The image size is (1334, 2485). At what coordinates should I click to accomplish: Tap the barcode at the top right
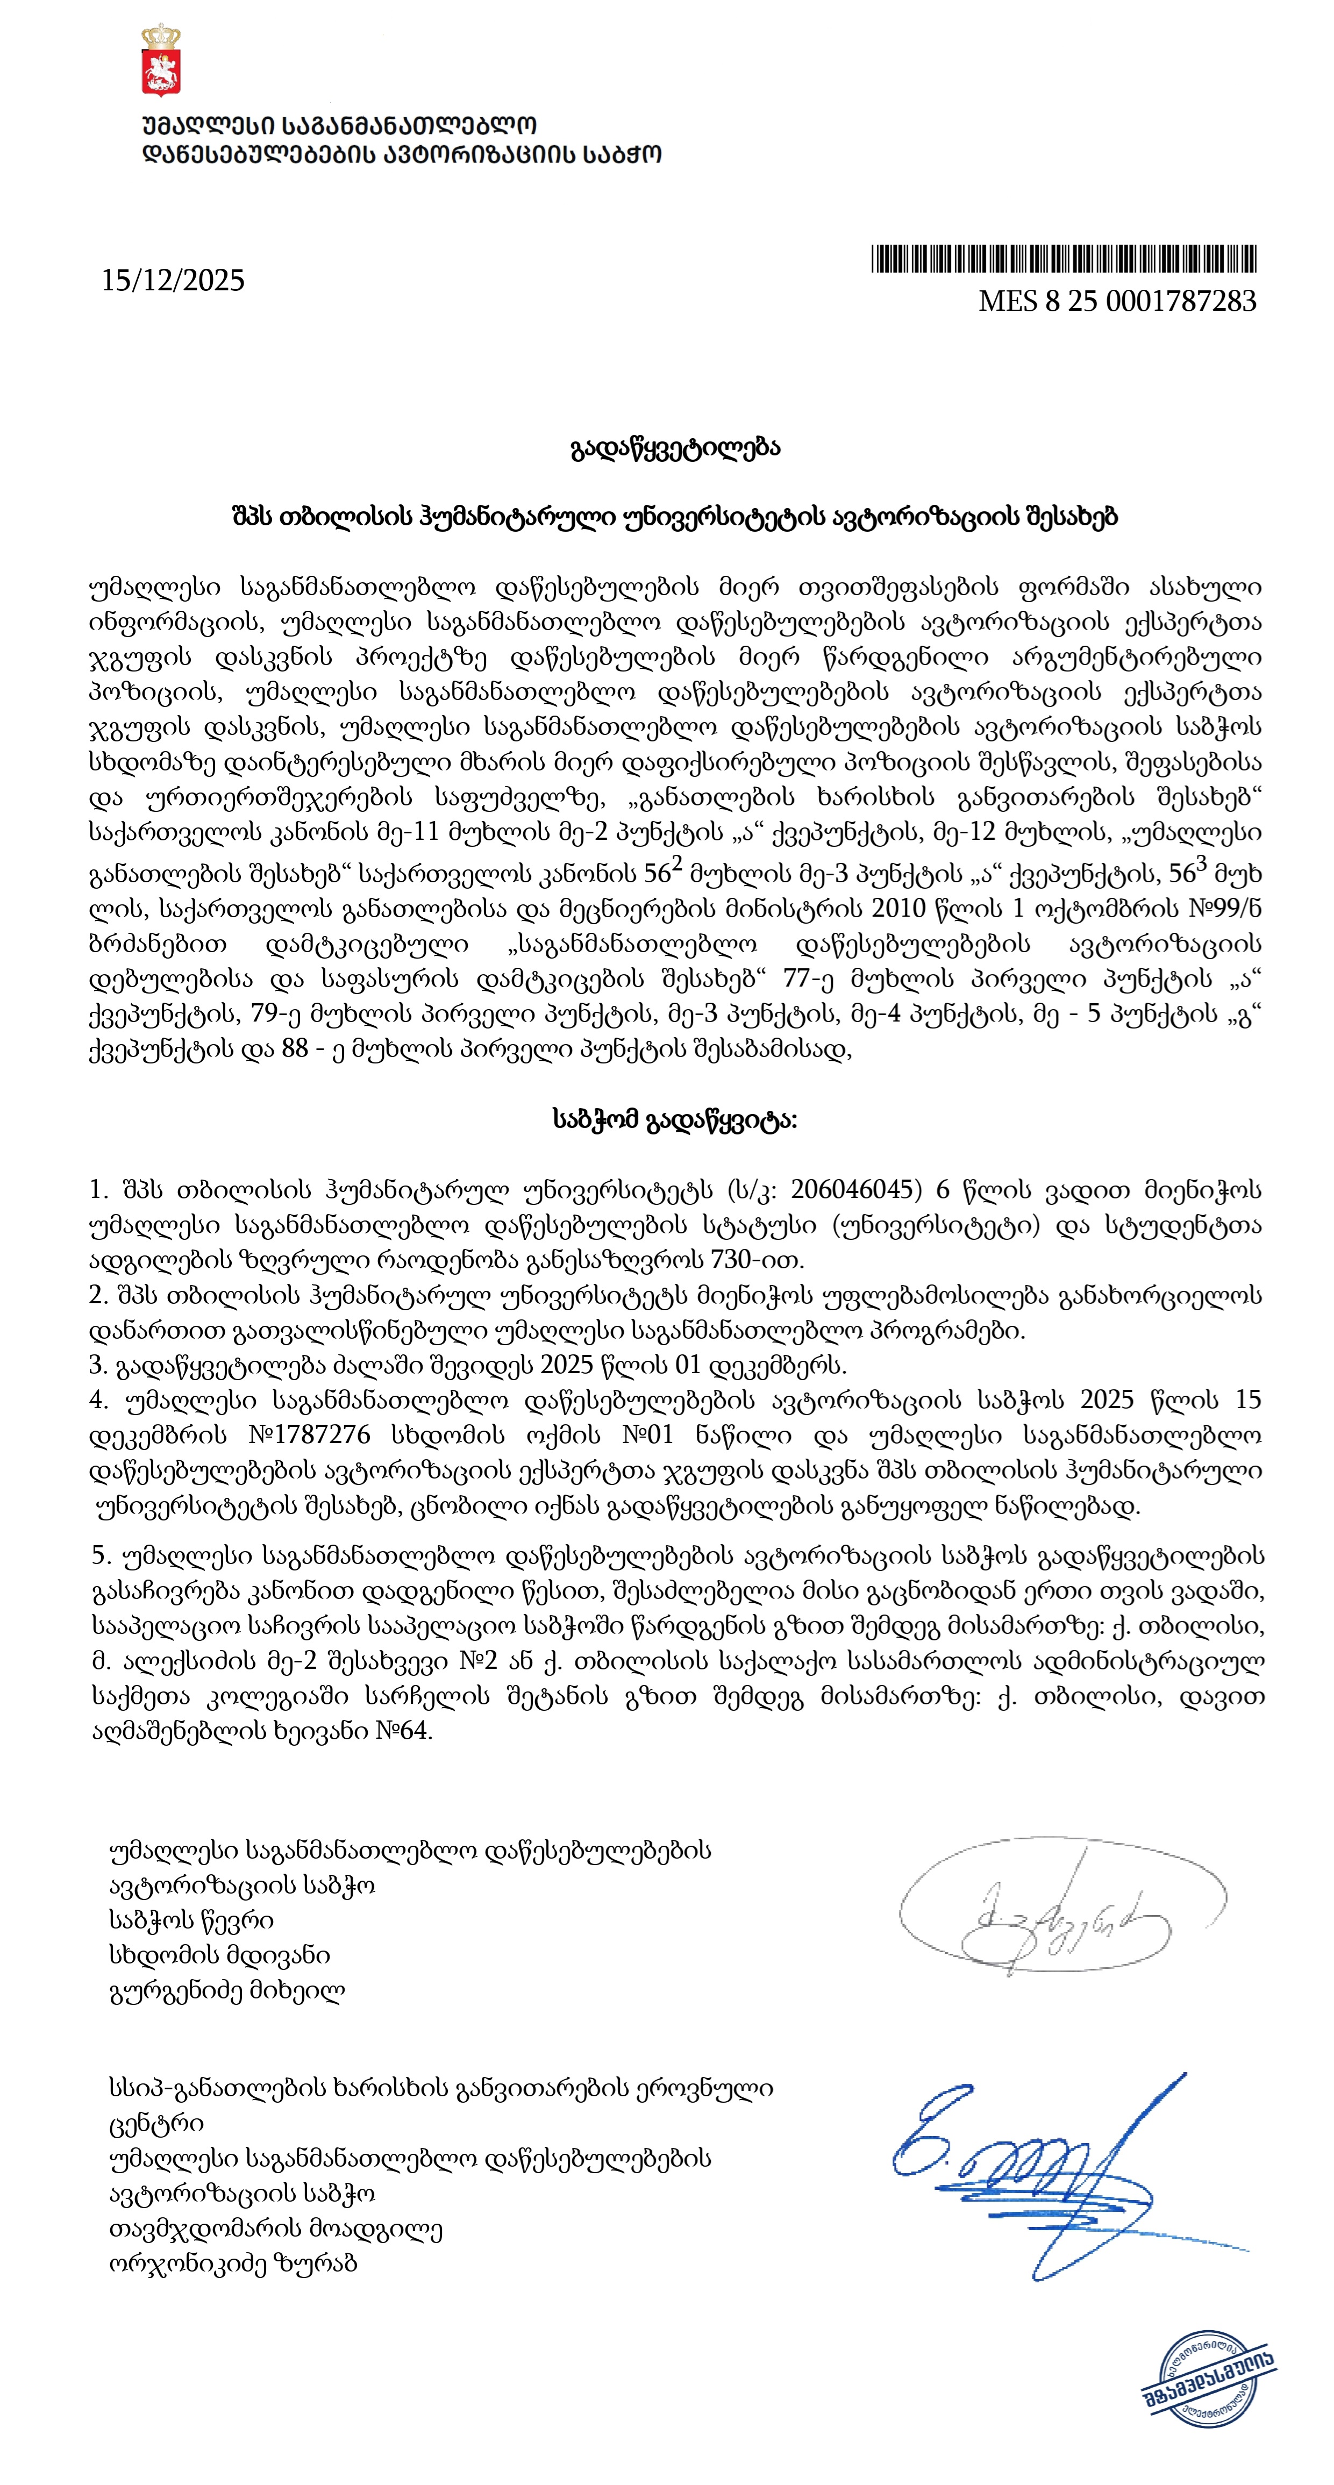coord(1064,260)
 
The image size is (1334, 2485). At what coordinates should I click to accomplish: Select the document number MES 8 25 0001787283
coord(1117,302)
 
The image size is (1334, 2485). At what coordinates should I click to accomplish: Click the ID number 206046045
coord(853,1189)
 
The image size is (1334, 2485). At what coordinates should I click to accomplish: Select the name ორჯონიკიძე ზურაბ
coord(233,2263)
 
